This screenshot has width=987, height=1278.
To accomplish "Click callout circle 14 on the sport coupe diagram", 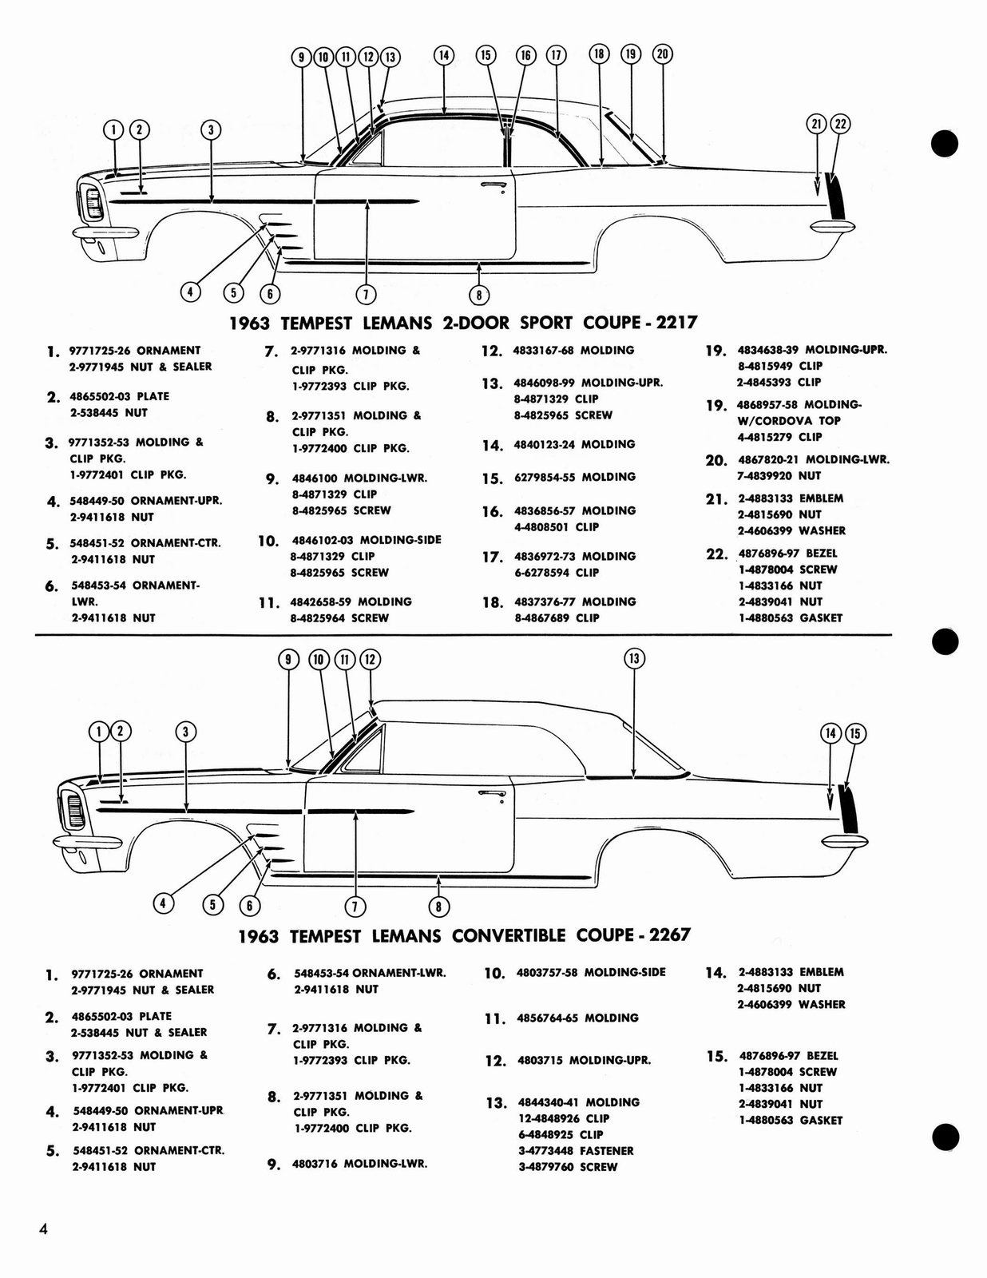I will pos(443,55).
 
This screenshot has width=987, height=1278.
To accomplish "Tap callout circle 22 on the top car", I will pos(840,124).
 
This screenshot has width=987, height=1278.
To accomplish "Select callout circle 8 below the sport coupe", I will pos(478,295).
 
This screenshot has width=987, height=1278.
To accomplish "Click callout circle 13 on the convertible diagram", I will pos(633,658).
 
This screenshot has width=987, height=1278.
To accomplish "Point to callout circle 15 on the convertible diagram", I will pos(854,733).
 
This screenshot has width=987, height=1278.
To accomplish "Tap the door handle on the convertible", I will pos(491,793).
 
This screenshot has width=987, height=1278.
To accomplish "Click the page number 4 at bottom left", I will pos(43,1229).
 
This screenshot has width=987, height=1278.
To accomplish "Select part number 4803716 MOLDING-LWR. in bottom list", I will pos(359,1164).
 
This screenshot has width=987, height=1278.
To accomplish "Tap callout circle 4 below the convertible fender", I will pos(163,903).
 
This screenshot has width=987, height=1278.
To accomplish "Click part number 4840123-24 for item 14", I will pos(546,444).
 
